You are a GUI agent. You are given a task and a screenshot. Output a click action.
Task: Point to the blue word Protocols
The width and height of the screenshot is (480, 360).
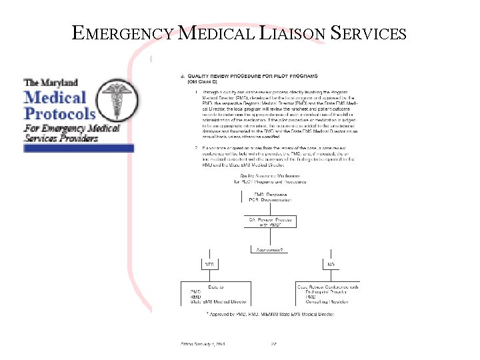[60, 113]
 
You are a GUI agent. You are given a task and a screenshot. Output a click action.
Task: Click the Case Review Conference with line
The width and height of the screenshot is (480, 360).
[327, 287]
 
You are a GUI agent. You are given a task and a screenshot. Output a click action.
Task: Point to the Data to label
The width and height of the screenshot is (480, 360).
[215, 287]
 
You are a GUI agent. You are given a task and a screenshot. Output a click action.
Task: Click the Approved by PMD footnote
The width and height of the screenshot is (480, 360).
[270, 313]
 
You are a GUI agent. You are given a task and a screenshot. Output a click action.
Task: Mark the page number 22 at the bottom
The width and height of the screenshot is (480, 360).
[273, 345]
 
